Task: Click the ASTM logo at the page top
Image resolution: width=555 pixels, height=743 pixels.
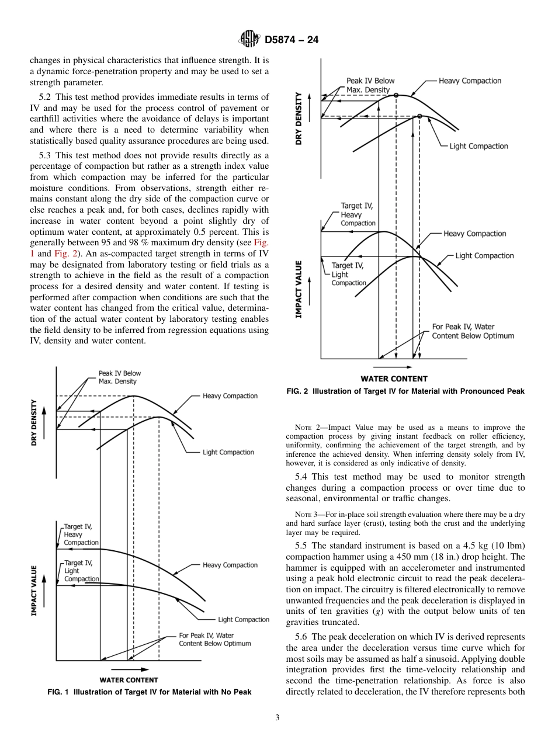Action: coord(249,40)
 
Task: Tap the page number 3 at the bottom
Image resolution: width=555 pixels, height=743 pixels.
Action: coord(277,718)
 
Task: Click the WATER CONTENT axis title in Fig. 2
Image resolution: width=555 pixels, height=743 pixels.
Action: coord(394,379)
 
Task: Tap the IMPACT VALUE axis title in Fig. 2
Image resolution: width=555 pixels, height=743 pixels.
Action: coord(299,289)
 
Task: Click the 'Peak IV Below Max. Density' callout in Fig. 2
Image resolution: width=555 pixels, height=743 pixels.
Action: coord(370,85)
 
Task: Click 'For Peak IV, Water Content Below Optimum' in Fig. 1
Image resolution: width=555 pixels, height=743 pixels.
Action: coord(214,639)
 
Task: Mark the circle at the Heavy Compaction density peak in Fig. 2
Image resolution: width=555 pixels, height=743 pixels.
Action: coord(396,95)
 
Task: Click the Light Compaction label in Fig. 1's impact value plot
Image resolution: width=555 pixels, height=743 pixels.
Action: coord(243,619)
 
